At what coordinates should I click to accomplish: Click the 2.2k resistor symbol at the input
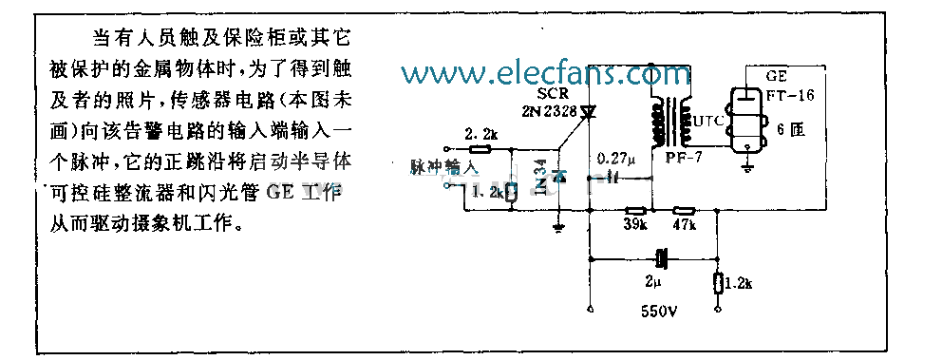480,149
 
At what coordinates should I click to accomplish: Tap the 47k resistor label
685,225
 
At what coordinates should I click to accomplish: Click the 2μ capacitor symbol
661,257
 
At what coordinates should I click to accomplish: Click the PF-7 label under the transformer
682,158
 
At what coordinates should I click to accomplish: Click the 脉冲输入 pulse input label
441,166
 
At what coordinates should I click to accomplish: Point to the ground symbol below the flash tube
747,167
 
